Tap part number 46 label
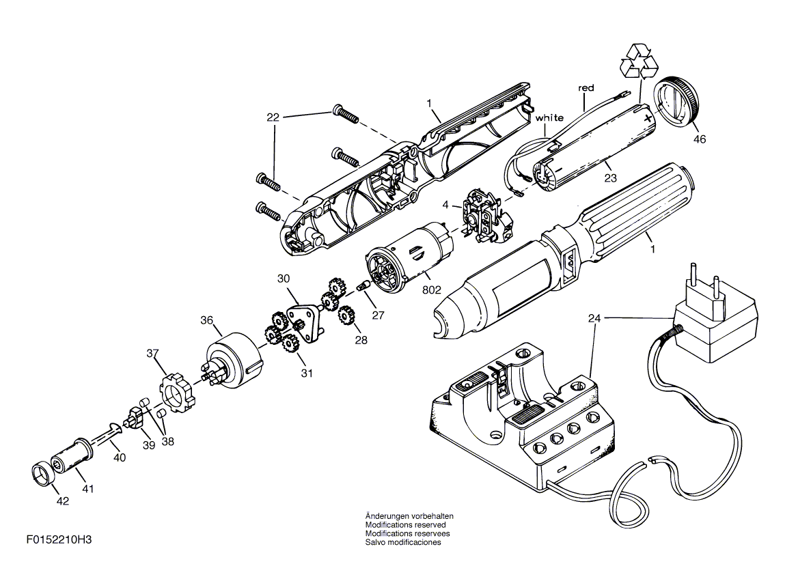click(x=700, y=139)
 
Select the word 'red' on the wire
click(x=586, y=88)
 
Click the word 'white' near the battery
click(x=549, y=118)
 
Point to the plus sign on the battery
click(x=648, y=119)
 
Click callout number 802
click(x=432, y=290)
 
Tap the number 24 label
click(x=594, y=318)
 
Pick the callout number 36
click(x=206, y=320)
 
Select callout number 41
click(x=88, y=489)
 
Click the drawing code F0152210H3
click(x=59, y=539)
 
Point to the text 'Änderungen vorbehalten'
click(x=409, y=516)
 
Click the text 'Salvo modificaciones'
click(x=403, y=542)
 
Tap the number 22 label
click(x=273, y=117)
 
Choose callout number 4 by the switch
click(x=446, y=205)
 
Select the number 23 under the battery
click(x=610, y=178)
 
